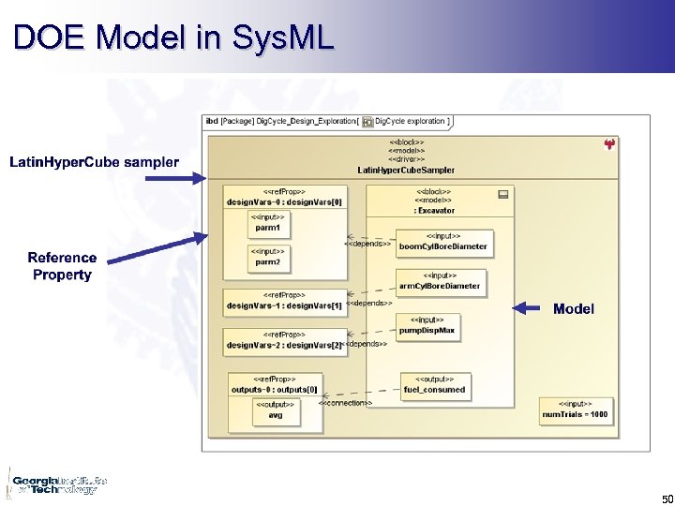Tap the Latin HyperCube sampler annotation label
tap(94, 162)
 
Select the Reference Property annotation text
tap(62, 266)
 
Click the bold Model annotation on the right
tap(573, 308)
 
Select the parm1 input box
tap(268, 223)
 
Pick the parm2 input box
tap(268, 257)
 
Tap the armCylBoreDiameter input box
tap(439, 281)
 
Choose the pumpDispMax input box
tap(427, 325)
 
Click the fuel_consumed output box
tap(433, 384)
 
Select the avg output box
tap(275, 410)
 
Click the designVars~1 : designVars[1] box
tap(285, 301)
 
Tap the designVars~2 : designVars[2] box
tap(285, 340)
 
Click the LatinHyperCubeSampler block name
tap(406, 170)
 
